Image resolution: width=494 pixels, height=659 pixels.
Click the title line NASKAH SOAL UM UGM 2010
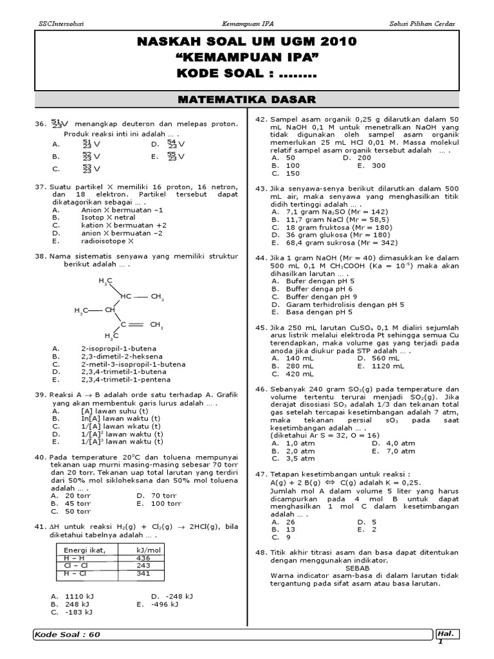pos(246,42)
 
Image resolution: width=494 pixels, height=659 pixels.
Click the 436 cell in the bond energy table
pos(143,558)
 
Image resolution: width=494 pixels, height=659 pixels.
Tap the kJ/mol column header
pos(149,550)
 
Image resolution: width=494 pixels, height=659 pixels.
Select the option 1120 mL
pos(385,366)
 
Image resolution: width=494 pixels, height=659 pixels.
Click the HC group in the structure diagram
pos(125,296)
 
